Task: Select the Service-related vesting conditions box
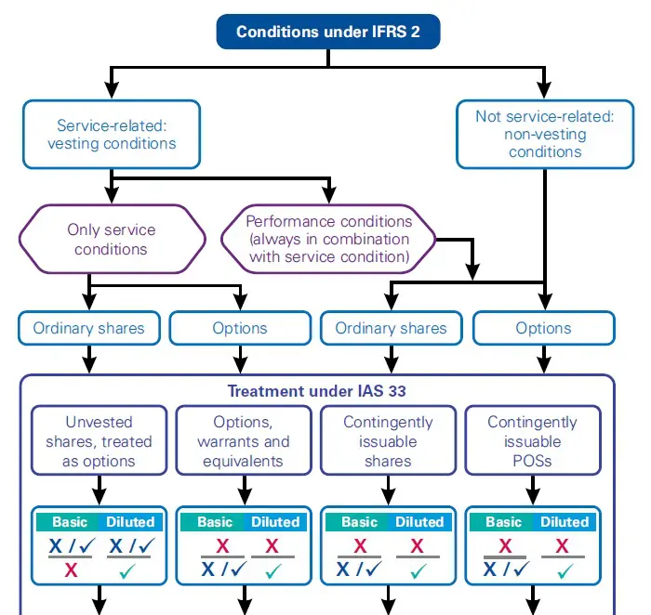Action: click(x=112, y=135)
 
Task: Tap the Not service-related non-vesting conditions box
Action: click(x=545, y=134)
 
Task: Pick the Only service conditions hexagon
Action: click(x=112, y=239)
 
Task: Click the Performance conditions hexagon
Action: click(x=328, y=239)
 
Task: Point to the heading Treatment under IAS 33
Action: click(x=317, y=391)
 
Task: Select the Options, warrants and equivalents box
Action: click(x=244, y=441)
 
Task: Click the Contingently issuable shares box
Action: click(x=388, y=441)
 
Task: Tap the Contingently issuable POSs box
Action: click(x=532, y=441)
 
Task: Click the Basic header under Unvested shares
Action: click(x=70, y=521)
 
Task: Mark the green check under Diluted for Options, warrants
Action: click(x=272, y=569)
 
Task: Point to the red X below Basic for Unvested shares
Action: click(x=71, y=569)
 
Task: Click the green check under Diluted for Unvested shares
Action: click(x=129, y=569)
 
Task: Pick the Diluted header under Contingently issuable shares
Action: click(x=419, y=521)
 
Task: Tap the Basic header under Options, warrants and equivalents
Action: click(x=214, y=521)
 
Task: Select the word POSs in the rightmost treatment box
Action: click(x=532, y=461)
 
